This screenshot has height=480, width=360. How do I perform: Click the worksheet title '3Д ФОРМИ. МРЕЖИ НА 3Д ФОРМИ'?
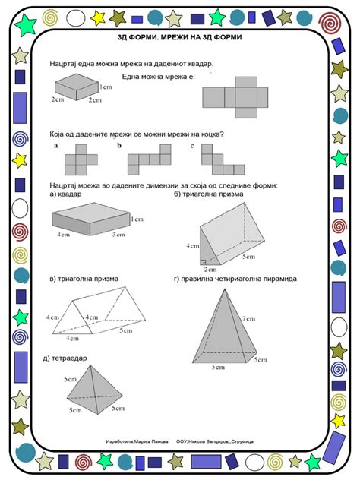181,36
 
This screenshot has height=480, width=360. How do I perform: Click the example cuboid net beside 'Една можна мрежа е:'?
235,96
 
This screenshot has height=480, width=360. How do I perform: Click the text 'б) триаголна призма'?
209,194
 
